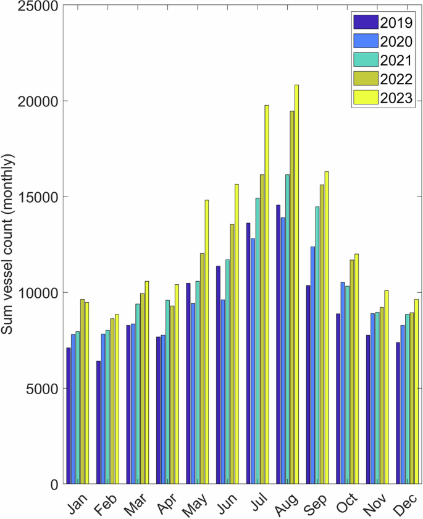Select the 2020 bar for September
[x=313, y=365]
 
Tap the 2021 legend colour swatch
[x=364, y=60]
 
